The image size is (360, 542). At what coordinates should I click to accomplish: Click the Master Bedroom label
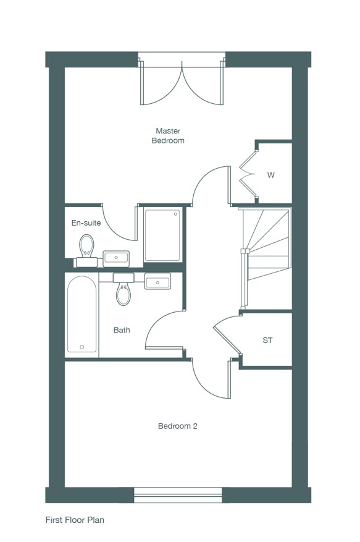(x=168, y=136)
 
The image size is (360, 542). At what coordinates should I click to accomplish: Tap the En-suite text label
(x=86, y=223)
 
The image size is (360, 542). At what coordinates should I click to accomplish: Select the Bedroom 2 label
(x=178, y=426)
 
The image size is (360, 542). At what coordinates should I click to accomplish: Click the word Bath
(x=122, y=330)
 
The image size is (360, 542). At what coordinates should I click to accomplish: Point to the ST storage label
(x=267, y=341)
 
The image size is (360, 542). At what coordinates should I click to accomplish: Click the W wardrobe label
(x=271, y=176)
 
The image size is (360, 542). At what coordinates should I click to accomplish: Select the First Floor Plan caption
(x=75, y=520)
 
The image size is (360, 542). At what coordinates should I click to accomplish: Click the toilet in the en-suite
(x=86, y=250)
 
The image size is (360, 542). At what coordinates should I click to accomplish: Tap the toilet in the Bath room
(x=123, y=289)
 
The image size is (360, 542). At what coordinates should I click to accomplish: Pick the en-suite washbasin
(x=116, y=258)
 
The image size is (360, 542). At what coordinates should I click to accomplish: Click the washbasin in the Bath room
(x=157, y=281)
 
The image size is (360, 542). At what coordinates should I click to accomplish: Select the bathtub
(x=82, y=314)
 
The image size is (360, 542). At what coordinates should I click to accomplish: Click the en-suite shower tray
(x=162, y=235)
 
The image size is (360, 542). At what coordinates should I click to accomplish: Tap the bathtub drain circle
(x=82, y=347)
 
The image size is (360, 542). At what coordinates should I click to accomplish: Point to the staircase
(x=266, y=258)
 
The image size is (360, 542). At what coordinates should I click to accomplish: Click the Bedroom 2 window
(x=178, y=494)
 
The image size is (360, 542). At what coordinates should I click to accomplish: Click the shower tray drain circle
(x=175, y=214)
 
